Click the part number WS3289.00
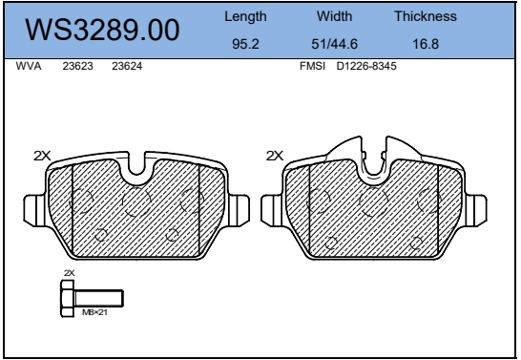102,30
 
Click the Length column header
245,16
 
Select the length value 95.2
245,44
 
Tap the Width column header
334,16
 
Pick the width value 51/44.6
334,44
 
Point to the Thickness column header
426,16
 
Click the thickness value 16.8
426,44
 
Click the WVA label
29,66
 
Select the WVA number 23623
77,66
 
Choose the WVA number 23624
127,66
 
